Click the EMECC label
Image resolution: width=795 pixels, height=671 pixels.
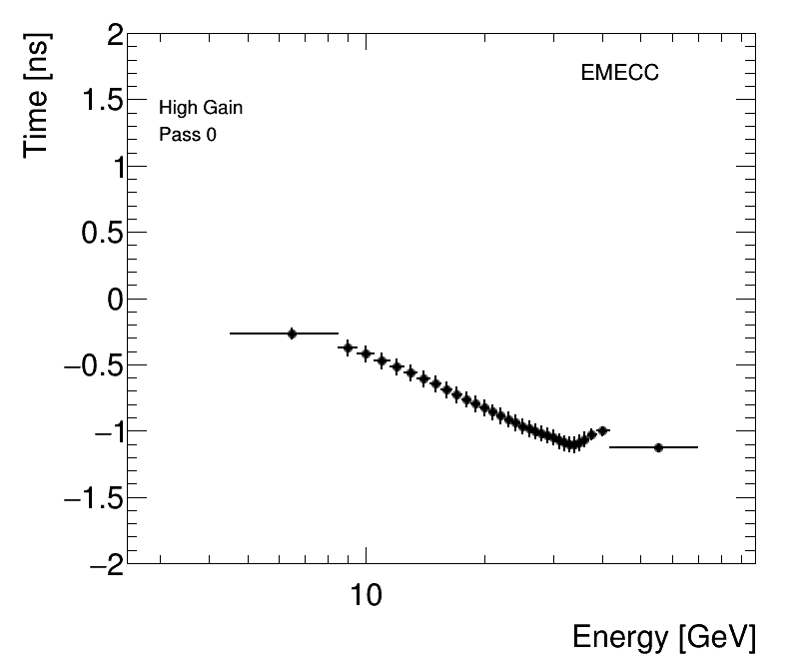pyautogui.click(x=619, y=73)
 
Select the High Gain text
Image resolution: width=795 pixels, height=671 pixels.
pyautogui.click(x=201, y=108)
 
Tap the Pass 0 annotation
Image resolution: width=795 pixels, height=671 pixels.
pyautogui.click(x=188, y=134)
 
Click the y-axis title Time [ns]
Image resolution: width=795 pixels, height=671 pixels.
pyautogui.click(x=39, y=97)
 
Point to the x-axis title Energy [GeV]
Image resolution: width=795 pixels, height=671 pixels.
pyautogui.click(x=663, y=637)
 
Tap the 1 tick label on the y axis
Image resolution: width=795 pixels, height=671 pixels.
pyautogui.click(x=115, y=168)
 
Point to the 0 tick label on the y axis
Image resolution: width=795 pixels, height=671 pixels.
pyautogui.click(x=115, y=300)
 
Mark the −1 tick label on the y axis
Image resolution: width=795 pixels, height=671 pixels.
pyautogui.click(x=105, y=431)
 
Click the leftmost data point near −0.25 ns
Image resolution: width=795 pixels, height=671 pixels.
pyautogui.click(x=292, y=334)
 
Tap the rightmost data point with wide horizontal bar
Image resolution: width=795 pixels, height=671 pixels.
pyautogui.click(x=658, y=447)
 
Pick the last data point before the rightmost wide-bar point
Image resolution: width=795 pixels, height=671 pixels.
pyautogui.click(x=602, y=430)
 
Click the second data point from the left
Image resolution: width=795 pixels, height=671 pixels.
pyautogui.click(x=348, y=347)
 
